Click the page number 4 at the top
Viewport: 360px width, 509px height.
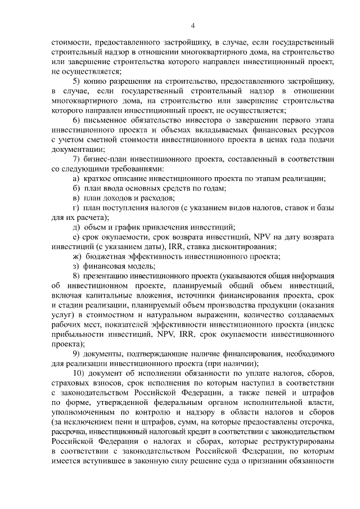tap(193, 25)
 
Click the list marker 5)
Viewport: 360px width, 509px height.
tap(78, 81)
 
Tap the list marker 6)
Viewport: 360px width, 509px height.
tap(78, 120)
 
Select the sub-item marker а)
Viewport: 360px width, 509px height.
tap(76, 178)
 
